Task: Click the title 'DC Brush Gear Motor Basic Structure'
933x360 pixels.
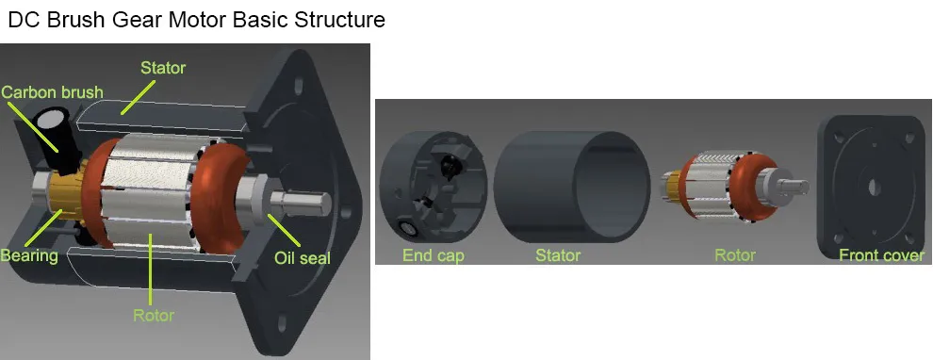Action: pyautogui.click(x=196, y=20)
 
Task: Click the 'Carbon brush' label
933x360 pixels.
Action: pyautogui.click(x=52, y=92)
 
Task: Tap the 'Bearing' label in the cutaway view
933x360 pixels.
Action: pyautogui.click(x=29, y=256)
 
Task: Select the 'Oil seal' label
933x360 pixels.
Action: pyautogui.click(x=303, y=257)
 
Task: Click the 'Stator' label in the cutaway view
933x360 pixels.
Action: pyautogui.click(x=163, y=68)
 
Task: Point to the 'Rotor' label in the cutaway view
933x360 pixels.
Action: pyautogui.click(x=154, y=315)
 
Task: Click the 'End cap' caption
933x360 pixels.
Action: pyautogui.click(x=434, y=256)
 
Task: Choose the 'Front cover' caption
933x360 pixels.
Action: pyautogui.click(x=882, y=256)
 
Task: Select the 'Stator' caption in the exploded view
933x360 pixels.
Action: pyautogui.click(x=558, y=256)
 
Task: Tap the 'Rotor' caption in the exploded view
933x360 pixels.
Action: pyautogui.click(x=735, y=256)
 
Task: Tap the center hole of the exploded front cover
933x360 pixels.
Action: pyautogui.click(x=874, y=188)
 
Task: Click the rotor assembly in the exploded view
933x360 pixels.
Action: pyautogui.click(x=735, y=187)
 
